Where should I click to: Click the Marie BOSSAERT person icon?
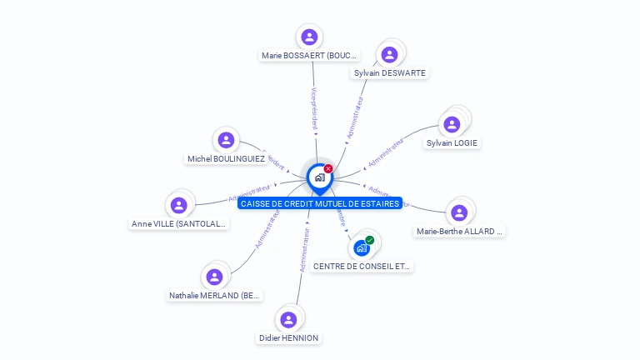(309, 37)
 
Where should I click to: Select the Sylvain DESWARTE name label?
(389, 73)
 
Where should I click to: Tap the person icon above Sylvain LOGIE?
(452, 125)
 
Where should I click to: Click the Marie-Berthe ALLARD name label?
(460, 232)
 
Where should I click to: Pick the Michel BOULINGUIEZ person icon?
(225, 141)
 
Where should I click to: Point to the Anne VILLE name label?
(179, 223)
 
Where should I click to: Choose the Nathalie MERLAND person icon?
(215, 277)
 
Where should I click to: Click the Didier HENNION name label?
(288, 337)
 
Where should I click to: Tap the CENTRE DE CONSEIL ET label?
(362, 267)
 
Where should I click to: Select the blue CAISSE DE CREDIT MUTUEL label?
(320, 203)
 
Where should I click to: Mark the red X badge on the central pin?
(328, 169)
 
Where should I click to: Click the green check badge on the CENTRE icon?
(369, 240)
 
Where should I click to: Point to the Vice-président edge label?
(313, 108)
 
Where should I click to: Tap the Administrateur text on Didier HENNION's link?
(304, 251)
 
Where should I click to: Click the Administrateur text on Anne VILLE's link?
(249, 193)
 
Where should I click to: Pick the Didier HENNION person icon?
(288, 320)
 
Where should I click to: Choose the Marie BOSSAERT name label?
(309, 56)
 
